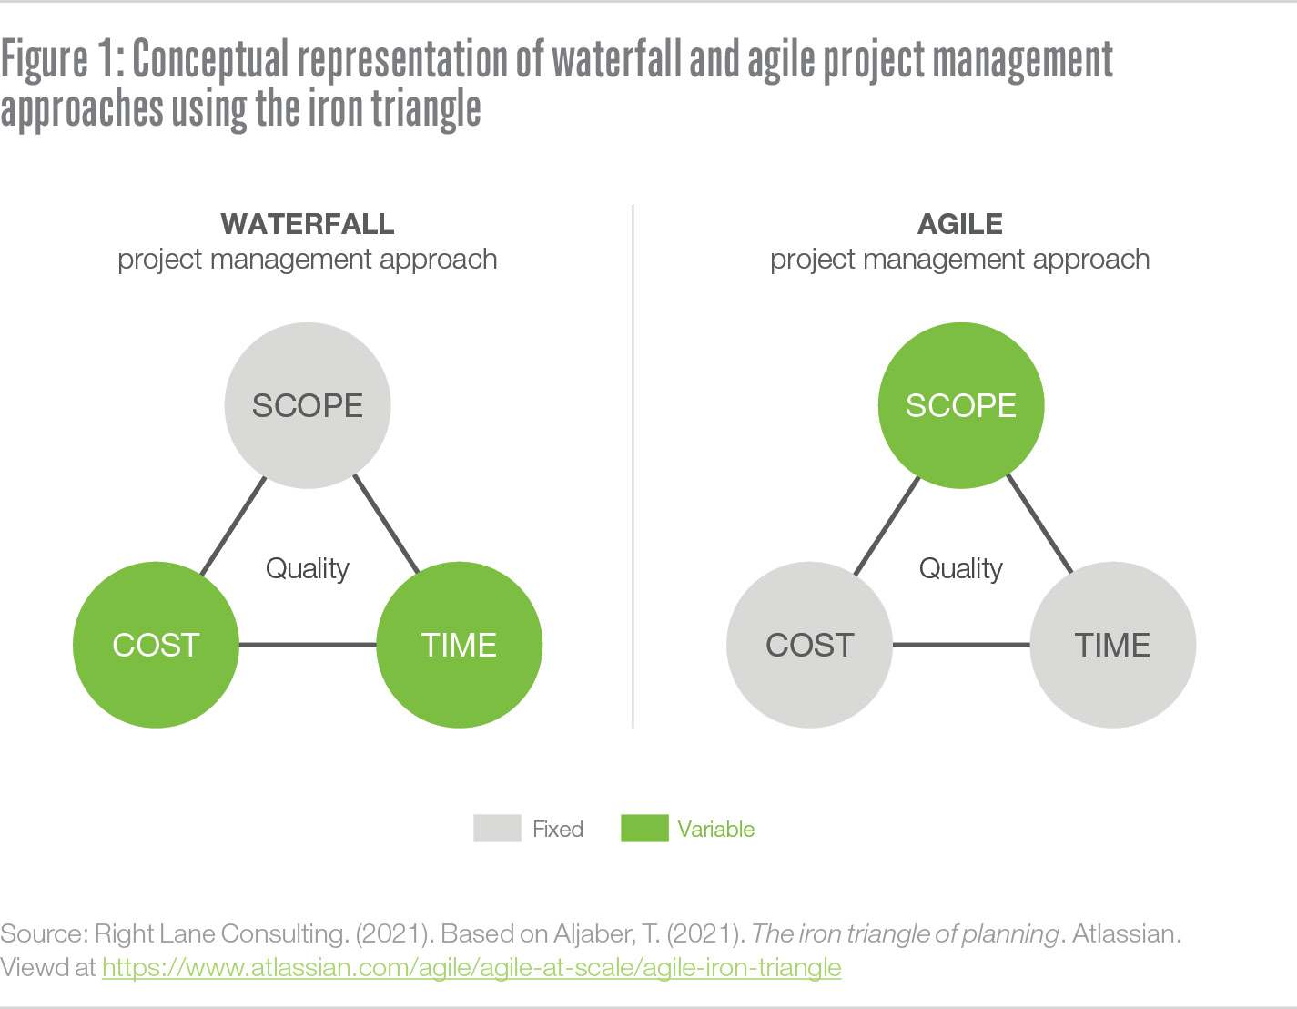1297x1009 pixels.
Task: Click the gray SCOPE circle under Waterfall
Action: click(308, 405)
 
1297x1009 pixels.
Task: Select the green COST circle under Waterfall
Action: click(156, 645)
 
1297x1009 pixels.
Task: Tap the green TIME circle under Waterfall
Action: click(459, 645)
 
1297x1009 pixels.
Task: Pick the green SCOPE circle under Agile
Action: click(961, 405)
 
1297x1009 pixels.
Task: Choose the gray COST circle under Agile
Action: click(809, 645)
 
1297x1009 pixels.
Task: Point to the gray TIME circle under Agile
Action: click(1112, 645)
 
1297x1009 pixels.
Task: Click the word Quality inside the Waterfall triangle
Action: click(308, 569)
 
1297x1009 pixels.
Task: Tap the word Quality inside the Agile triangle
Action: click(961, 569)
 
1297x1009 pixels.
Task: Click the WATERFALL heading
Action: click(308, 225)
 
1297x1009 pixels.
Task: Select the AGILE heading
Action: click(959, 225)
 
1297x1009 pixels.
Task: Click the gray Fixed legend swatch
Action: click(497, 828)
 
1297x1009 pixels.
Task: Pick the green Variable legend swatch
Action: click(644, 828)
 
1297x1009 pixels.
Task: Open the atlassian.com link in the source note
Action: click(471, 968)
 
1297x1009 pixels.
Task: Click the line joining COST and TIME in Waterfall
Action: click(308, 645)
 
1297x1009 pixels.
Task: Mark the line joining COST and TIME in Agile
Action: click(961, 645)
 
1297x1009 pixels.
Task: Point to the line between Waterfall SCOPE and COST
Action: click(233, 526)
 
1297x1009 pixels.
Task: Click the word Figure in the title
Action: click(45, 61)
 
